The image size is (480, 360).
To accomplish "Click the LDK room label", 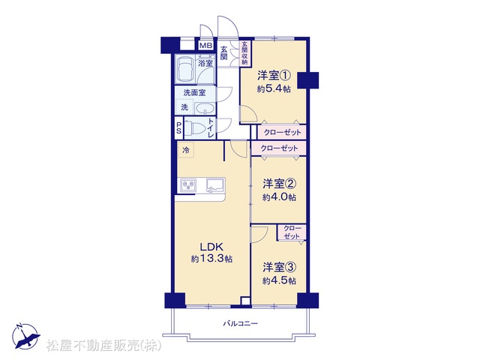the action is point(211,247).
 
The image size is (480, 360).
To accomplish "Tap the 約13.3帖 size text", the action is point(211,259).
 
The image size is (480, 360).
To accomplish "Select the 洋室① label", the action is point(274,75).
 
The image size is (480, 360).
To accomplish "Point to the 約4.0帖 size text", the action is point(279,197).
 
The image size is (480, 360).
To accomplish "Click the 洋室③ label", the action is point(279,267).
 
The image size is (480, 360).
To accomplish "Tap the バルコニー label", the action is point(241,323).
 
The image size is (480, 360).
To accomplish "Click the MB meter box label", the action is point(205,46).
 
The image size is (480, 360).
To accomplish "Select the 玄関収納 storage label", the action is point(244,53).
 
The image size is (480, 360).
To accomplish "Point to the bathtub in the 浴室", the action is point(185,69).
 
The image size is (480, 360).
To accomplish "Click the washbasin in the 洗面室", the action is point(205,108).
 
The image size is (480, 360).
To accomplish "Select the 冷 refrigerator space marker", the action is point(185,150).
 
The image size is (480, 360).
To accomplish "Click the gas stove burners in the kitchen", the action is point(188,185).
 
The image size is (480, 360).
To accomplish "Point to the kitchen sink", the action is point(215,185).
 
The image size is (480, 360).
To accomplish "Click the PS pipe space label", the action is point(178,128).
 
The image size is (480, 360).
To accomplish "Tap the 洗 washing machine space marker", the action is point(184,107).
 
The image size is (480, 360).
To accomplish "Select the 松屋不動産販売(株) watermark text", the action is point(104,346).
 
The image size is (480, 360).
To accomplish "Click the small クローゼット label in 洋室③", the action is point(292,232).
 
